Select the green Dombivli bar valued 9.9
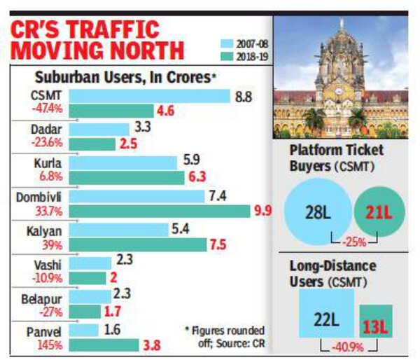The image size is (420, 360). (160, 211)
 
